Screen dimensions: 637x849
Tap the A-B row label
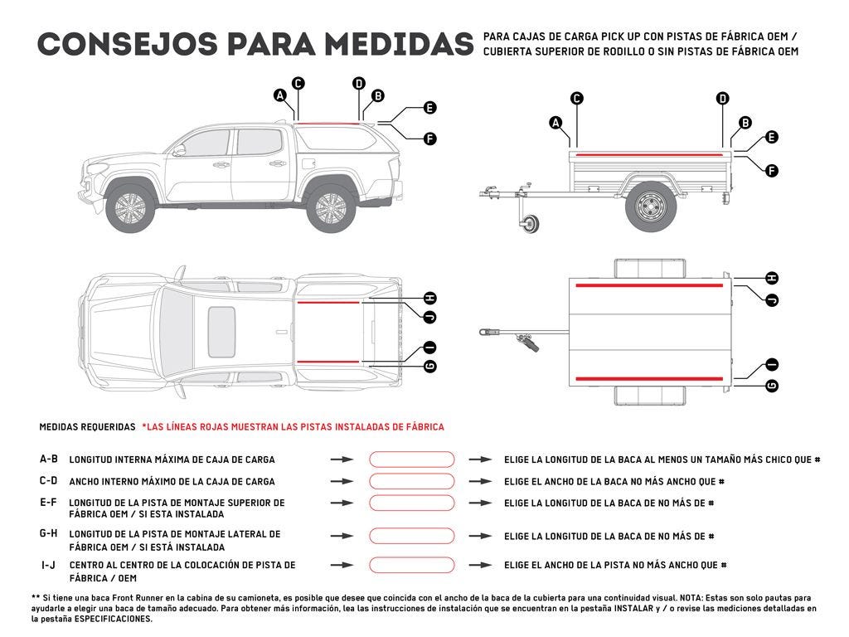point(49,459)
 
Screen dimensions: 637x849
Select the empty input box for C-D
point(411,481)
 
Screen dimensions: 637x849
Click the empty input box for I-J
point(411,566)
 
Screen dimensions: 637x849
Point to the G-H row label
point(49,533)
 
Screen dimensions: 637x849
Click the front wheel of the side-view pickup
point(130,207)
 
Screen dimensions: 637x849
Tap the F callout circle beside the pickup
point(429,139)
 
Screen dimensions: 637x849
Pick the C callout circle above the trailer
point(577,98)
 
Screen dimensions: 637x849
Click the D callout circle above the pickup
point(359,83)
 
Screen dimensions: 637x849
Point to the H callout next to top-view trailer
point(771,278)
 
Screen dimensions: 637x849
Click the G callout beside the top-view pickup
point(429,366)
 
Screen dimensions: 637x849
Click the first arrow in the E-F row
point(342,503)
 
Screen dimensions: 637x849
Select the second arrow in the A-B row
point(479,459)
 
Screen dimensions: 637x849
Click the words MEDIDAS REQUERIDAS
point(87,427)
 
